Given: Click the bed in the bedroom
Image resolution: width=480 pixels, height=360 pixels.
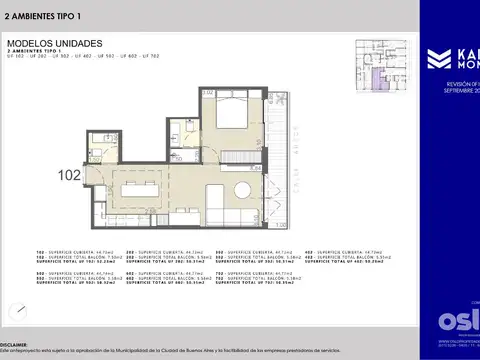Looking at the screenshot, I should pyautogui.click(x=238, y=114).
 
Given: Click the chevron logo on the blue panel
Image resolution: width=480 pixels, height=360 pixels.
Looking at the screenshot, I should pyautogui.click(x=437, y=58).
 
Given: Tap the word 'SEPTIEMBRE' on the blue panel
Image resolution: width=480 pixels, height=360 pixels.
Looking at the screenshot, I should pyautogui.click(x=459, y=93).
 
